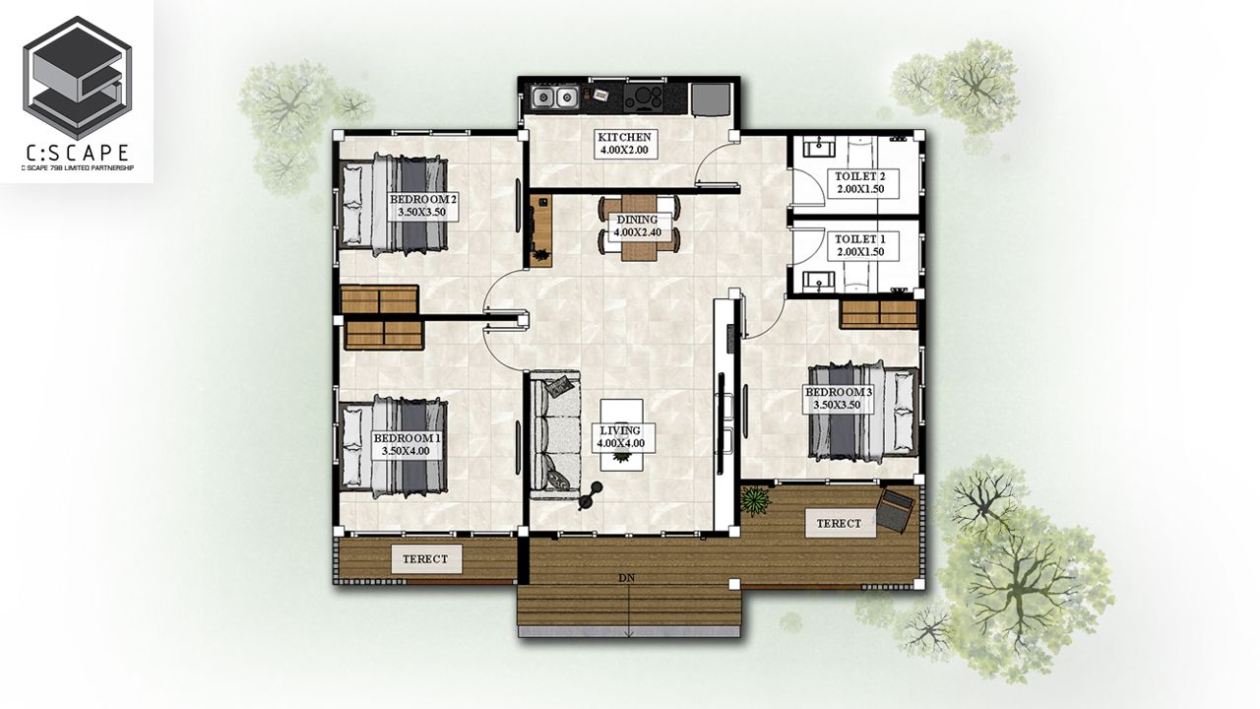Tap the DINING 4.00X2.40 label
coord(637,226)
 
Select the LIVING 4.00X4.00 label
coord(620,436)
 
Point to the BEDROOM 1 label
coord(407,444)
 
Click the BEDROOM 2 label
coord(423,206)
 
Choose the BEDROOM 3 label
coord(838,399)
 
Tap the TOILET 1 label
coord(863,246)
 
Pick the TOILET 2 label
coord(863,183)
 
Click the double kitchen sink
coord(555,97)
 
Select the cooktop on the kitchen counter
coord(643,97)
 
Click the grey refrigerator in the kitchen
coord(711,99)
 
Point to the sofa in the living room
coord(555,434)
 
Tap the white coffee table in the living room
coord(621,434)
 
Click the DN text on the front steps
coord(627,578)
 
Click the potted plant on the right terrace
coord(755,499)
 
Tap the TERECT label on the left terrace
coord(426,558)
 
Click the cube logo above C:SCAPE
coord(77,78)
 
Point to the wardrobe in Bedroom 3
coord(878,314)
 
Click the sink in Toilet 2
coord(818,148)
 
